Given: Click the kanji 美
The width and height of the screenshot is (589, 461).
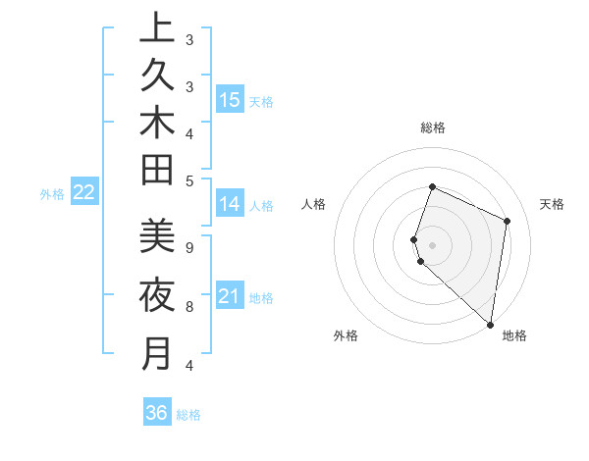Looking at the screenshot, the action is pyautogui.click(x=157, y=235).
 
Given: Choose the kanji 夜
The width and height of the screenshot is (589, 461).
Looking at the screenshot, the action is pyautogui.click(x=157, y=294).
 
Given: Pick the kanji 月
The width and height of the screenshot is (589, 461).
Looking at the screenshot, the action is pyautogui.click(x=157, y=352).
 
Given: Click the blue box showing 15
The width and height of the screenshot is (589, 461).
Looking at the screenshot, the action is pyautogui.click(x=230, y=99).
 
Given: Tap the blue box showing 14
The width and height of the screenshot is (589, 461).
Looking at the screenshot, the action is pyautogui.click(x=230, y=204).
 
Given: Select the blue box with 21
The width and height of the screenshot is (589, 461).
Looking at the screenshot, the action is pyautogui.click(x=230, y=296).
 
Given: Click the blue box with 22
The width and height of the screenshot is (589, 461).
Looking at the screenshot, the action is pyautogui.click(x=83, y=193).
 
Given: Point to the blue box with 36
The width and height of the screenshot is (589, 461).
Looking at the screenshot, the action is pyautogui.click(x=157, y=413).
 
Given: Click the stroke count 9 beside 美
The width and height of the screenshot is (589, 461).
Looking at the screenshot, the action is pyautogui.click(x=189, y=247).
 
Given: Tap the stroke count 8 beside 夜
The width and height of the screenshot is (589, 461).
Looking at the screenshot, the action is pyautogui.click(x=189, y=306).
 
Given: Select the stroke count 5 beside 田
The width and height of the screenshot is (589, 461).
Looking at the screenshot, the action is pyautogui.click(x=189, y=180).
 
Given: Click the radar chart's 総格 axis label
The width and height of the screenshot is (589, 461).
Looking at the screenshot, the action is pyautogui.click(x=432, y=128).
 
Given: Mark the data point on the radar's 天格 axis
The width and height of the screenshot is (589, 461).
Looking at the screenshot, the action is pyautogui.click(x=508, y=221).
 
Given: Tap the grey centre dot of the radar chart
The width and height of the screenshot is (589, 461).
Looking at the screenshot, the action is pyautogui.click(x=432, y=245).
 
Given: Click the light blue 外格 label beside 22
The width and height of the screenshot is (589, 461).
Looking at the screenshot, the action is pyautogui.click(x=52, y=194).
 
